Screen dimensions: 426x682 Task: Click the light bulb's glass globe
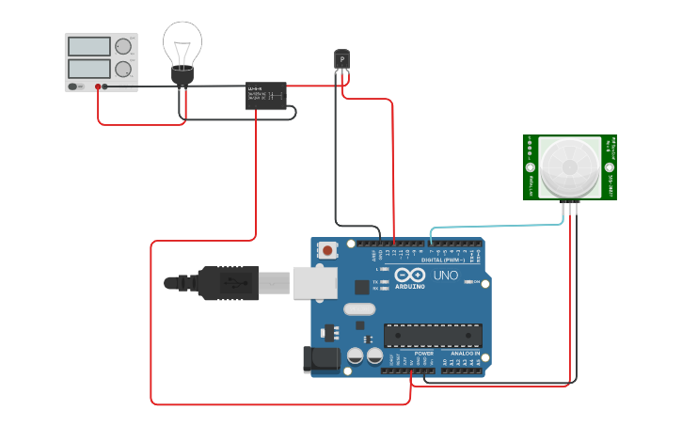[182, 42]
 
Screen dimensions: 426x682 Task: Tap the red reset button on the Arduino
[327, 250]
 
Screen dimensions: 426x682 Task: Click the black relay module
[266, 95]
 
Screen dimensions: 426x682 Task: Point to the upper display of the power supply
[89, 46]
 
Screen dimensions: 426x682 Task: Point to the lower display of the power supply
[89, 69]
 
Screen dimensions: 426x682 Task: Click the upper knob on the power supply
[123, 46]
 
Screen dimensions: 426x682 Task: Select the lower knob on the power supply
[123, 69]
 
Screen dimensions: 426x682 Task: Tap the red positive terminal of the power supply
[97, 87]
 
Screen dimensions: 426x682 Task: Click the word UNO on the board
[445, 276]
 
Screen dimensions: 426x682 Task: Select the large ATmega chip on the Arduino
[433, 335]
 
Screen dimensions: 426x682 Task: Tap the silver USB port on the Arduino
[314, 282]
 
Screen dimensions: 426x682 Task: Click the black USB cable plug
[226, 282]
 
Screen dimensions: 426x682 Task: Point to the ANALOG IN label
[464, 354]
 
